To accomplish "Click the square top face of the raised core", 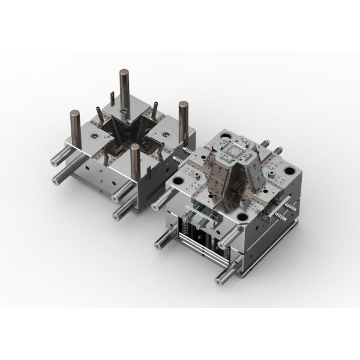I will pos(232,151).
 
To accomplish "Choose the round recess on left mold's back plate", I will pos(123,111).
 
